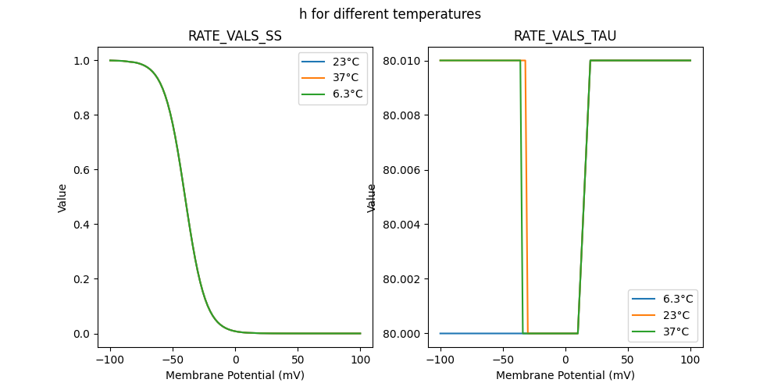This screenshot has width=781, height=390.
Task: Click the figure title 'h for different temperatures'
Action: point(390,14)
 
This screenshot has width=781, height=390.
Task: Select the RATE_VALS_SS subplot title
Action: point(235,36)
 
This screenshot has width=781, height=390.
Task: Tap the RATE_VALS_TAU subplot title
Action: point(565,36)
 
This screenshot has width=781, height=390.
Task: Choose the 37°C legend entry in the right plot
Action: point(676,331)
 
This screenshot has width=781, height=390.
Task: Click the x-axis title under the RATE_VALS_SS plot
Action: point(235,375)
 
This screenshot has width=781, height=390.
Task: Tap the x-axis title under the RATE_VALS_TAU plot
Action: point(565,375)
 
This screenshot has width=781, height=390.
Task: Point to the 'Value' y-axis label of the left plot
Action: point(62,197)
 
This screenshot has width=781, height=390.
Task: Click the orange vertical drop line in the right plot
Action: point(526,195)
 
